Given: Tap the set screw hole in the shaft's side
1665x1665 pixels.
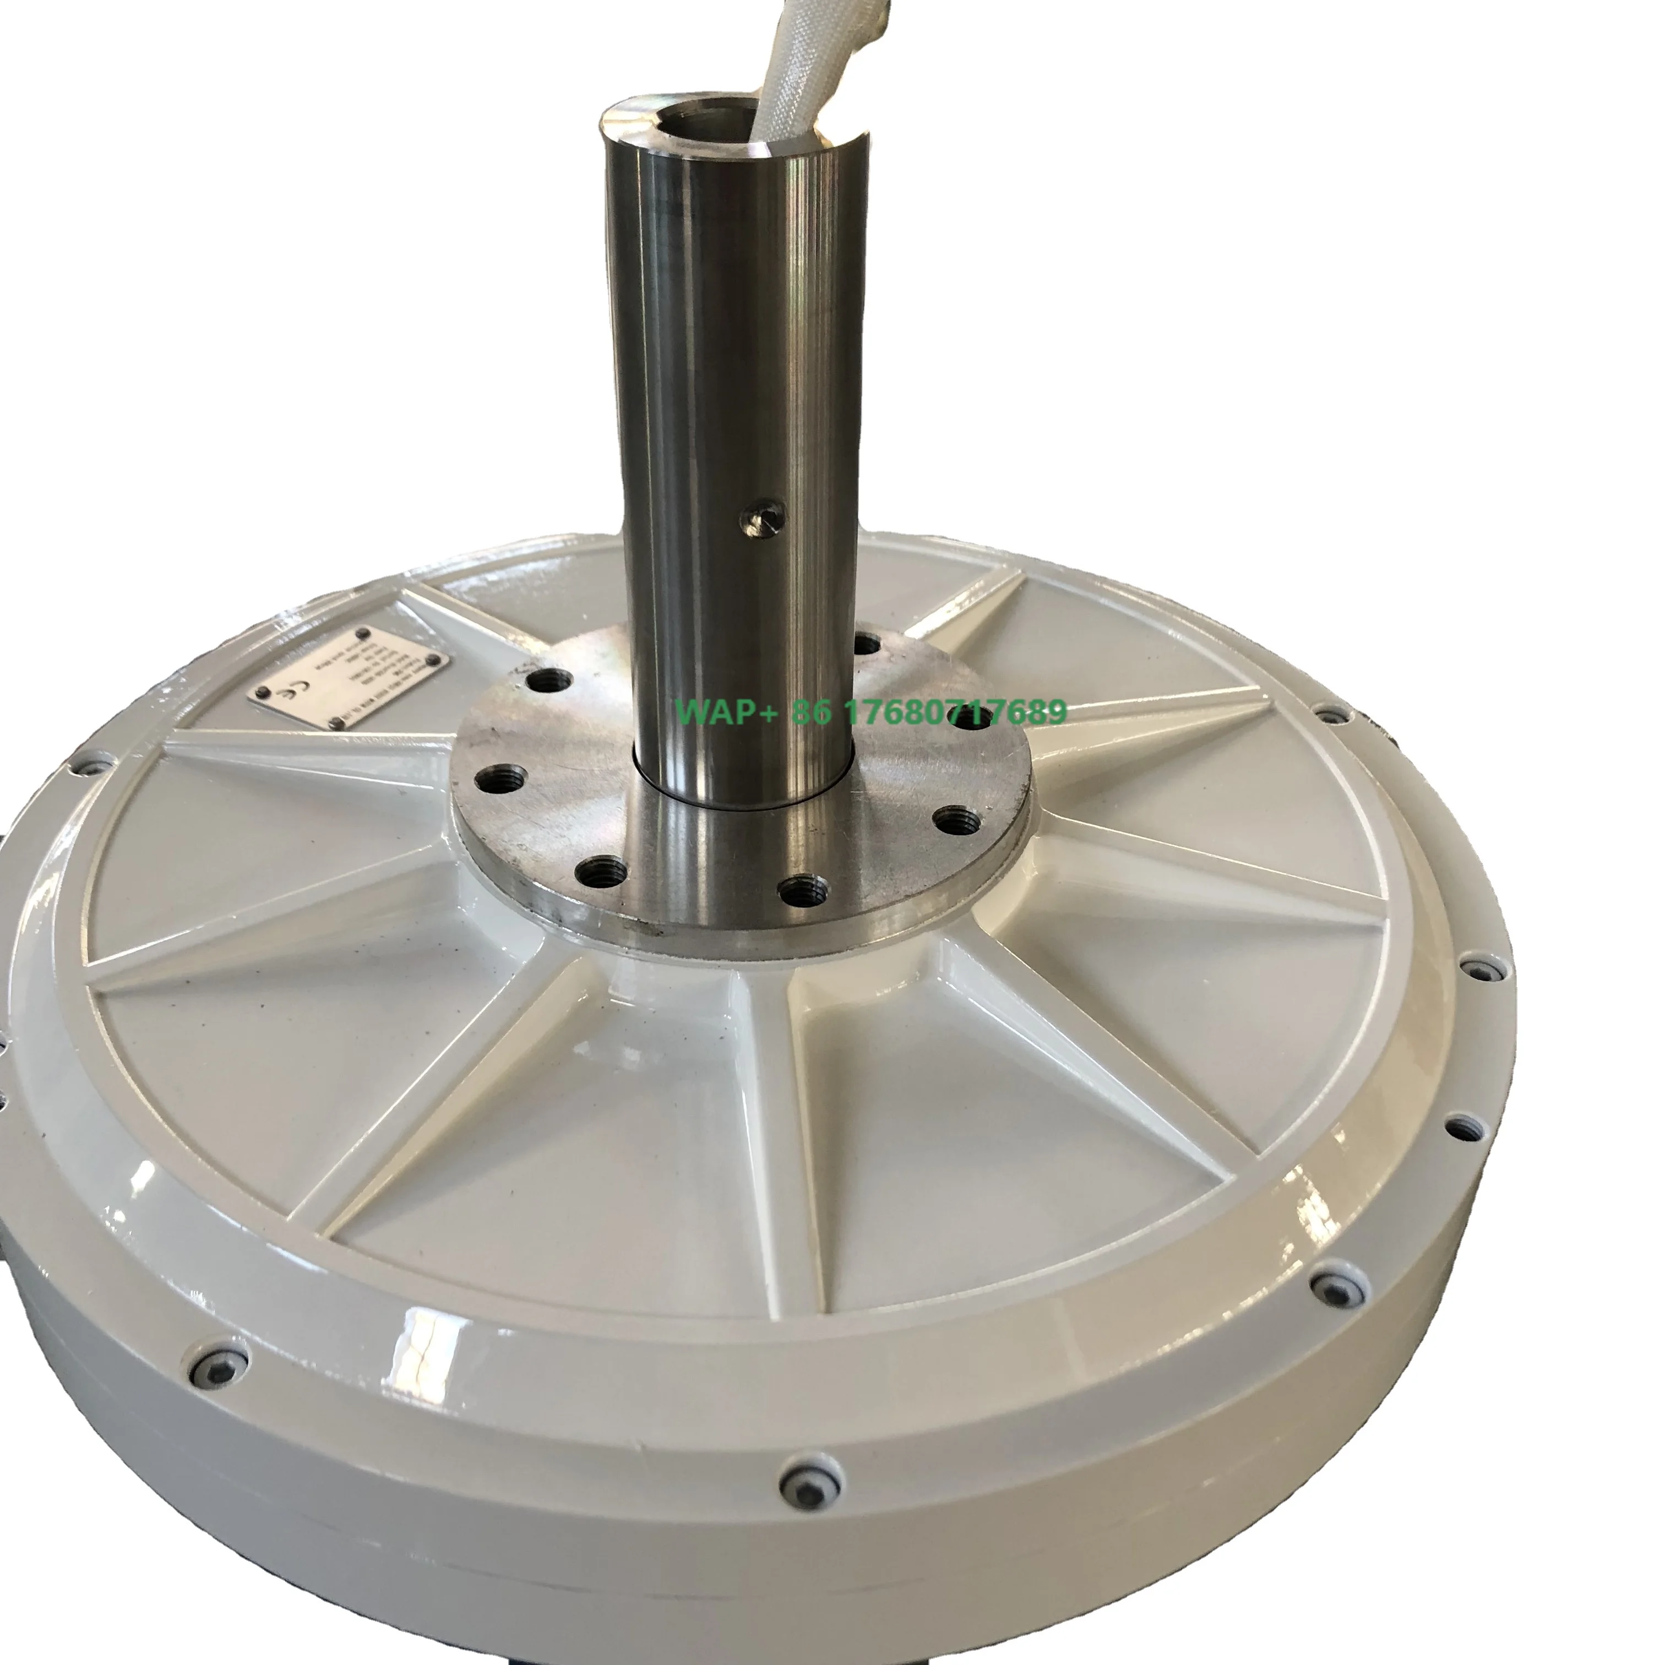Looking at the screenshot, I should pos(763,518).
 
